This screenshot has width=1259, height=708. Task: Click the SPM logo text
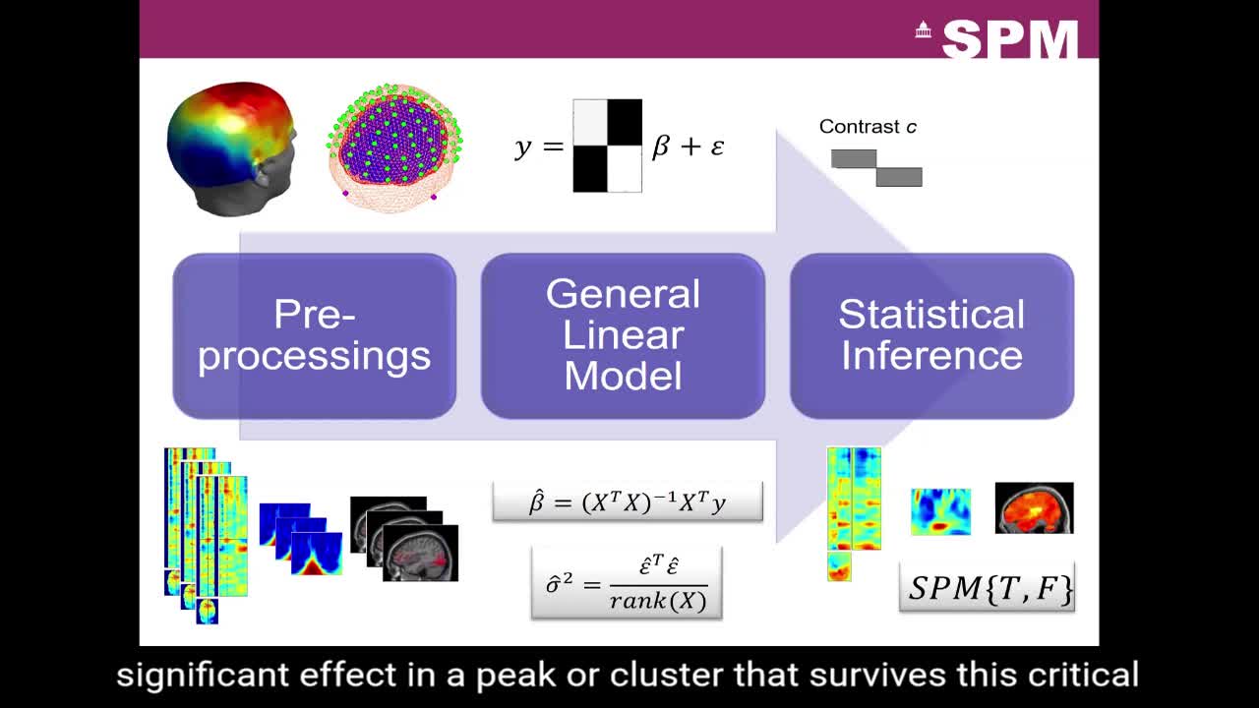click(1010, 38)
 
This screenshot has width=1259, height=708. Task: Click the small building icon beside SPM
click(923, 29)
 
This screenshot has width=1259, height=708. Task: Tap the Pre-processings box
click(314, 336)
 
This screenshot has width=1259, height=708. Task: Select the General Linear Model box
click(623, 336)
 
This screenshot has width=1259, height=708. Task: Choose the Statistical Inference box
click(931, 336)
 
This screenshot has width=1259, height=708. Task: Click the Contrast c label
click(868, 127)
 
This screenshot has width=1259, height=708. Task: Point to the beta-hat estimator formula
click(628, 501)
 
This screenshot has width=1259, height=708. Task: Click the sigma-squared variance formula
click(627, 583)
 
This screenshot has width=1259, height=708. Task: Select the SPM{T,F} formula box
click(987, 587)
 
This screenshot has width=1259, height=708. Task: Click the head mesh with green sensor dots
click(394, 147)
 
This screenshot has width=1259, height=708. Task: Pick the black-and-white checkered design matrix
click(608, 146)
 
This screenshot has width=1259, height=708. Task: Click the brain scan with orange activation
click(1034, 508)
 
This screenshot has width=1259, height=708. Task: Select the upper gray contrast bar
click(854, 158)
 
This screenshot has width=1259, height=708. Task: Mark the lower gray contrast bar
click(899, 177)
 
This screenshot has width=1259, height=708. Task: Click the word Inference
click(931, 356)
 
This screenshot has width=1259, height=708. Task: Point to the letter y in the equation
click(522, 147)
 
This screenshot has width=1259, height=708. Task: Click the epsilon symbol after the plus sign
click(717, 147)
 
